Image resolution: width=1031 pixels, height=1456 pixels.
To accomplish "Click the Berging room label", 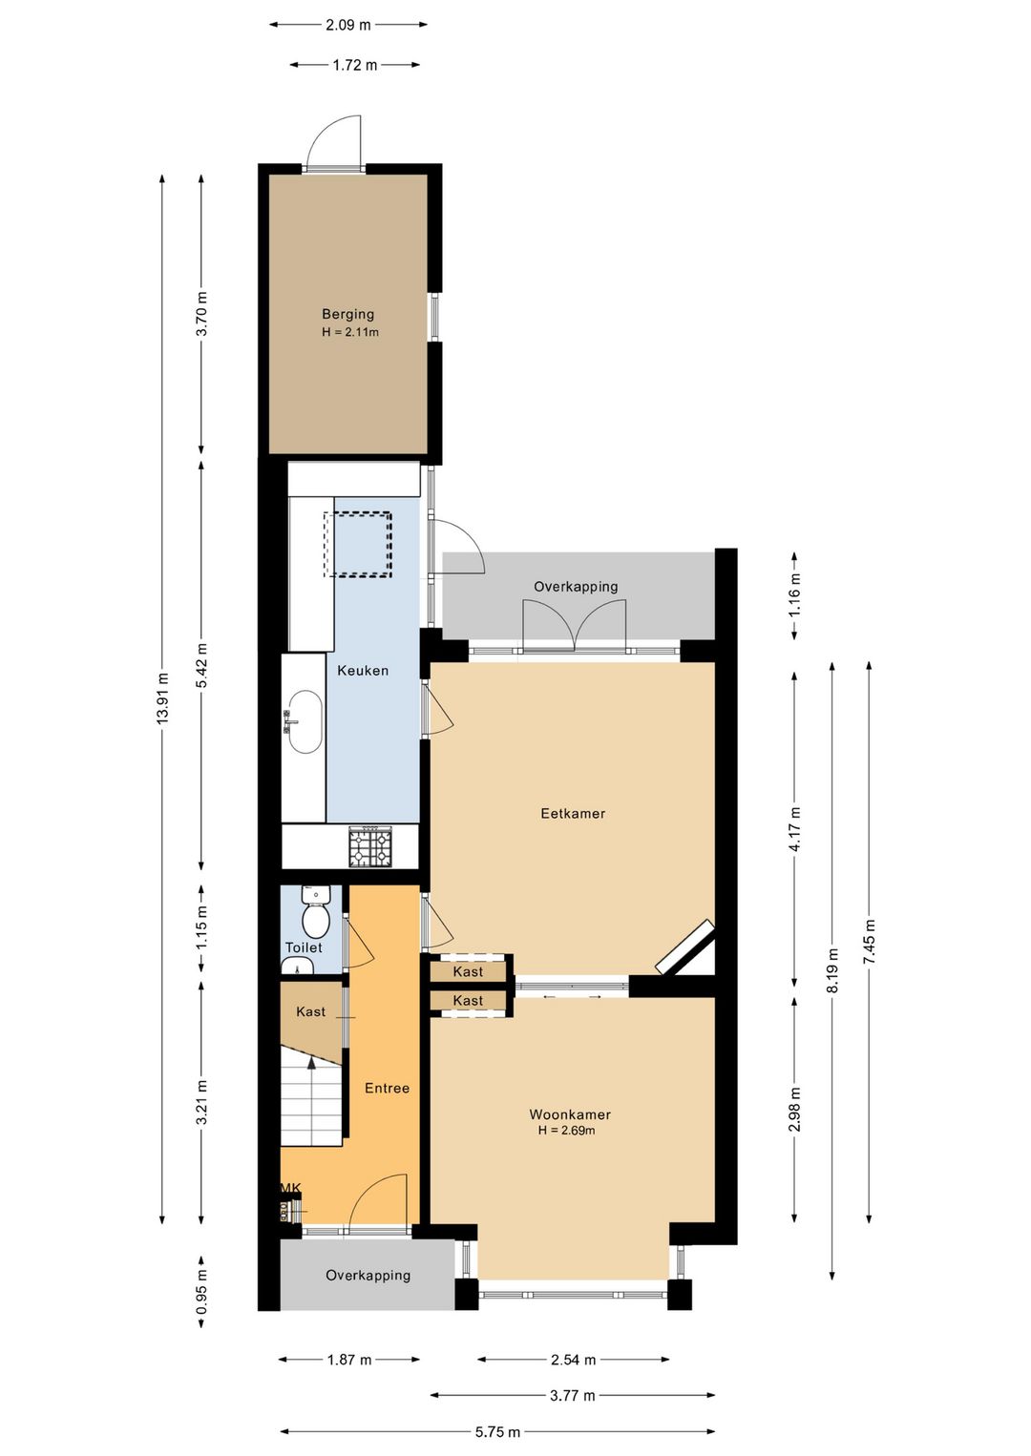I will [x=347, y=314].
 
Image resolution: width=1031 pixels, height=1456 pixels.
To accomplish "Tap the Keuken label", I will [x=363, y=671].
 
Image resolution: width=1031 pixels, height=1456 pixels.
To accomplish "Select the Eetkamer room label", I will [x=573, y=814].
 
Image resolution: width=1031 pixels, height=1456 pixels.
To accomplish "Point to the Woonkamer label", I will [x=570, y=1114].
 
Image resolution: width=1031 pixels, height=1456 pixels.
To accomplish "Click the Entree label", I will [x=387, y=1088].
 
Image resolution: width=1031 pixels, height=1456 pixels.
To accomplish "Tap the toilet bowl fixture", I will [x=316, y=919].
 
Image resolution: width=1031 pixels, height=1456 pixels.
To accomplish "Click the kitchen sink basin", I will [x=305, y=722].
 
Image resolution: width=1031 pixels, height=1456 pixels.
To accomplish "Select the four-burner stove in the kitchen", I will [x=370, y=847].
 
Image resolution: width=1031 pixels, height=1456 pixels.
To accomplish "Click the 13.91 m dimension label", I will [x=162, y=698].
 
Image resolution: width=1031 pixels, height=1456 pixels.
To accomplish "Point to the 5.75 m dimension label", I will [x=497, y=1431].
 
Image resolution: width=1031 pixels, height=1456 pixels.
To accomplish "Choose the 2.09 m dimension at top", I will [x=348, y=25].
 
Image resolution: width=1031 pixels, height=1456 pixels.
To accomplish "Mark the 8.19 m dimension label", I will [x=832, y=970].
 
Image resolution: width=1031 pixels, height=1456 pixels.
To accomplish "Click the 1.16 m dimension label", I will [x=794, y=593].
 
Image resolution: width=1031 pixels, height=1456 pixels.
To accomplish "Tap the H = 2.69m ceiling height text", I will [x=566, y=1131].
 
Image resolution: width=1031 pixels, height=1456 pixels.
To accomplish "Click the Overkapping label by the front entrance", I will [x=368, y=1276].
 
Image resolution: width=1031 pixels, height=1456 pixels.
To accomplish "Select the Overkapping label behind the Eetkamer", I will [x=576, y=587].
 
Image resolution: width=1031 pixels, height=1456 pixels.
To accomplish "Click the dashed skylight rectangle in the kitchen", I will [x=358, y=544].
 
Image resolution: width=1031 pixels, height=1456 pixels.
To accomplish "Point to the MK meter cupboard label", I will [x=290, y=1188].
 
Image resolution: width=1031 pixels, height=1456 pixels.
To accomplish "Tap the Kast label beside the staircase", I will [x=310, y=1011].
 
